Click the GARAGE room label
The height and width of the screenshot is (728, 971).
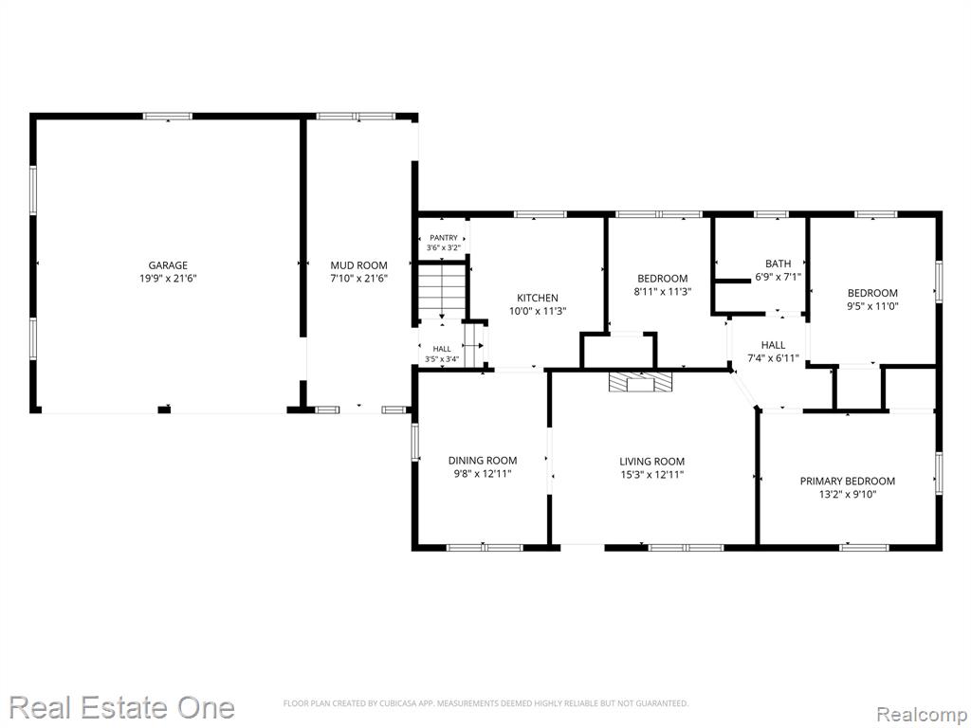(168, 265)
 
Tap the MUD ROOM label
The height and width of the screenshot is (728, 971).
(358, 265)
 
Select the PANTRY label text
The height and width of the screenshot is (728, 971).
(444, 238)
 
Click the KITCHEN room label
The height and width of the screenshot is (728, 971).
(538, 298)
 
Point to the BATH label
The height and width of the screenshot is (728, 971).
(778, 264)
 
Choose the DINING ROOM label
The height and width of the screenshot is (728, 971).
(483, 461)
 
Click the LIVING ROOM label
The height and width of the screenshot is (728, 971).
(652, 462)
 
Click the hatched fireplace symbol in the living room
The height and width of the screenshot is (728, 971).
(640, 382)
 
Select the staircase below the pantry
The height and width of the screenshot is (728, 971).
(442, 291)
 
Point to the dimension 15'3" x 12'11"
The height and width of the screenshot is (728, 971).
(652, 475)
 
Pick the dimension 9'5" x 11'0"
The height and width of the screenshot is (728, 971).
(872, 306)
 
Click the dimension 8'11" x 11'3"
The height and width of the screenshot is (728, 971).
(662, 292)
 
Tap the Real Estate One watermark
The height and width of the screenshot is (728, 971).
(122, 707)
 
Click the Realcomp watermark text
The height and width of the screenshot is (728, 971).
(922, 715)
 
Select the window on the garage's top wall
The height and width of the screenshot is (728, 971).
(168, 116)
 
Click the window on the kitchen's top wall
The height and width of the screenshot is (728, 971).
(540, 214)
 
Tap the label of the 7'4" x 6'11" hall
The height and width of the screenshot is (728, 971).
(773, 345)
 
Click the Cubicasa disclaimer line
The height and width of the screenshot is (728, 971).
(486, 703)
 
